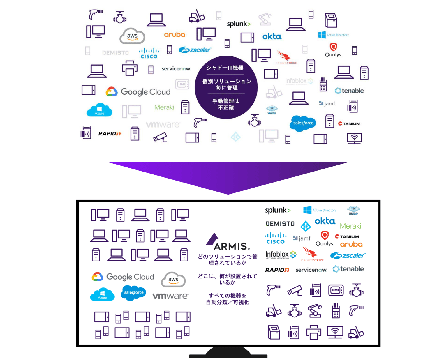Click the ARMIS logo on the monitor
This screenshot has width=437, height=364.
click(x=228, y=242)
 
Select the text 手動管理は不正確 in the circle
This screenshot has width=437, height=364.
click(x=226, y=104)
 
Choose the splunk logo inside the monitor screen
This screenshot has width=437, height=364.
click(x=278, y=210)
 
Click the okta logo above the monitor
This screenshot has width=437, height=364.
click(x=272, y=36)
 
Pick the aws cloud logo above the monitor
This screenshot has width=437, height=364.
click(x=132, y=36)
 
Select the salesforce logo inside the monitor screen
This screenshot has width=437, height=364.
click(x=134, y=292)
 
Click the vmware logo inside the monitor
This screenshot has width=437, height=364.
click(x=170, y=296)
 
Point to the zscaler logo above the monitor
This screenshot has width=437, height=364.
click(x=195, y=50)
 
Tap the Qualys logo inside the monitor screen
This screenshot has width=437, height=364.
click(x=325, y=239)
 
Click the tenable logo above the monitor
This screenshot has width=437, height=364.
click(x=349, y=91)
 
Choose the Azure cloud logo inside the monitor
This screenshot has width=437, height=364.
click(x=102, y=294)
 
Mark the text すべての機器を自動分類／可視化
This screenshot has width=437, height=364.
click(x=228, y=299)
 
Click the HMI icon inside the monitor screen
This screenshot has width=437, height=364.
click(x=336, y=290)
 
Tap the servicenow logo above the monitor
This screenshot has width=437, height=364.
click(x=176, y=69)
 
